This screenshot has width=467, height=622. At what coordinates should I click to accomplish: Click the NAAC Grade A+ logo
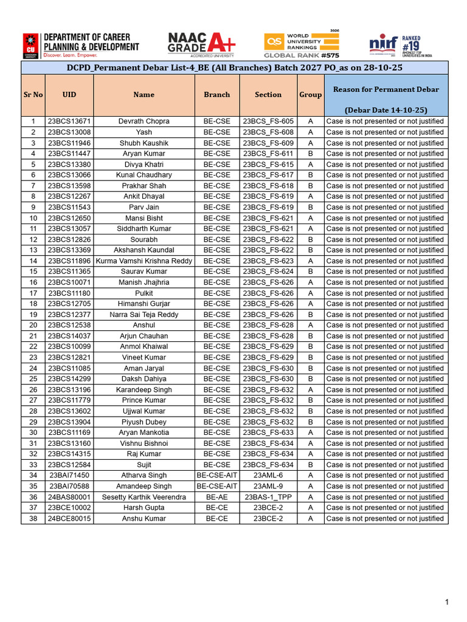(x=201, y=44)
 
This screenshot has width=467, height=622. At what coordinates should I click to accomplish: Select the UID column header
(x=69, y=95)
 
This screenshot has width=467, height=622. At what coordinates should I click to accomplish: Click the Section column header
(x=268, y=95)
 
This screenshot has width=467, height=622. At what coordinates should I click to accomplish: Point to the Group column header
(x=311, y=95)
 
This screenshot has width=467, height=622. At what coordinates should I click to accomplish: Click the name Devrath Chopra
(x=144, y=121)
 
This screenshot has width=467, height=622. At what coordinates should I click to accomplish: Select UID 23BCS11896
(x=69, y=261)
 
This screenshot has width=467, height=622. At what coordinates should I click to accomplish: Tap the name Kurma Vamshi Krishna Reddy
(x=144, y=261)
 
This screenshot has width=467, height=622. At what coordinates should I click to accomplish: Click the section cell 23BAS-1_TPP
(x=268, y=497)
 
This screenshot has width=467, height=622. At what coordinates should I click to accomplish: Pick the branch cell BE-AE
(x=217, y=497)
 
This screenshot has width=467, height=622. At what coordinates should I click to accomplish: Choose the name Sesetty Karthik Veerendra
(x=144, y=497)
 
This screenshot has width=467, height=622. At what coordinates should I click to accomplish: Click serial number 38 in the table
(x=33, y=519)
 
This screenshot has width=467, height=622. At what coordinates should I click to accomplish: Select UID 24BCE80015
(x=69, y=519)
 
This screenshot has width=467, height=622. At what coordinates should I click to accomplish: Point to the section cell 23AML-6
(x=268, y=476)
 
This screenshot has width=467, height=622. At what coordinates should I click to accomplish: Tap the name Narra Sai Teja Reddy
(x=144, y=315)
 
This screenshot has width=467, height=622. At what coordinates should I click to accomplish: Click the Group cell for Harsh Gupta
(x=311, y=508)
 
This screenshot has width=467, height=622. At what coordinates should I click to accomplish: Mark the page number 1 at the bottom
(x=447, y=602)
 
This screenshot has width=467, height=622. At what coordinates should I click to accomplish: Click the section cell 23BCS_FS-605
(x=268, y=121)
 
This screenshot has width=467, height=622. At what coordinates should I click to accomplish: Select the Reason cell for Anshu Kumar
(x=386, y=519)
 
